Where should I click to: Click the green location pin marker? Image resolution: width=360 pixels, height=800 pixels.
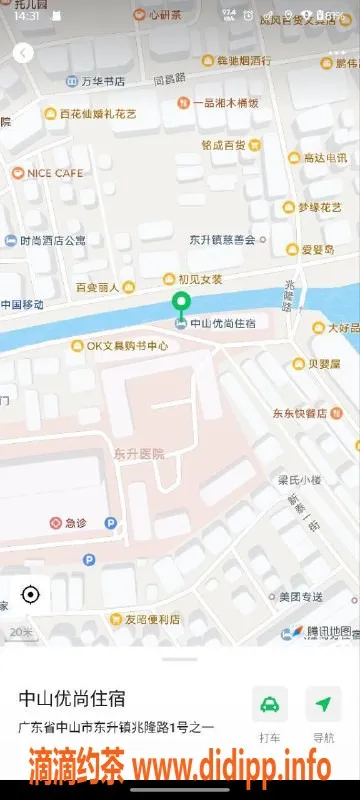click(x=181, y=305)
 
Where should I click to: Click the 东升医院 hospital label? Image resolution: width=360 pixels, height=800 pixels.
click(x=139, y=453)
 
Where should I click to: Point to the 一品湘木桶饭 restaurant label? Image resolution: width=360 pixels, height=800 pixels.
click(x=225, y=102)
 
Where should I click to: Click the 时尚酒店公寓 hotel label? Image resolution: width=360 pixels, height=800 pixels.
click(x=52, y=240)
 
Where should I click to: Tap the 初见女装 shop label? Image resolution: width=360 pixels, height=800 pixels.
click(x=200, y=279)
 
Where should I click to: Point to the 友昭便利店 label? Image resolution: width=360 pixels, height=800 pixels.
click(x=145, y=619)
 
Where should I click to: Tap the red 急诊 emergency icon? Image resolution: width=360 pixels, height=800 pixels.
click(x=58, y=522)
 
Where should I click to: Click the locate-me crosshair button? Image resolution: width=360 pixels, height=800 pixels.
click(x=30, y=595)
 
